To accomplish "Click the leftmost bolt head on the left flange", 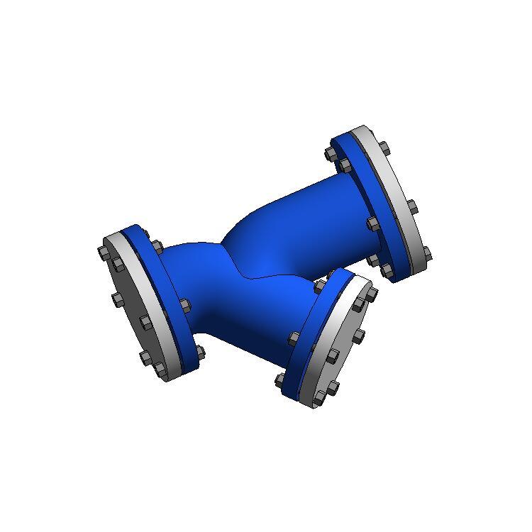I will pos(103,252).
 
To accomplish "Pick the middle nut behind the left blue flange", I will pos(185,306).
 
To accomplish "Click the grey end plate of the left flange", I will pos(135,305).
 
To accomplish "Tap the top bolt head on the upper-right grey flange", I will pos(384,148).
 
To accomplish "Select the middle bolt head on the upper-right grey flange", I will pos(411,207).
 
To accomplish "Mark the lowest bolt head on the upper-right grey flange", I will pos(426,253).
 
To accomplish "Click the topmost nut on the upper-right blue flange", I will pos(331,153).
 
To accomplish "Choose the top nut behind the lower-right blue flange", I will pos(318,284).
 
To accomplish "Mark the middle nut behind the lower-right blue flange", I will pos(294,338).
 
